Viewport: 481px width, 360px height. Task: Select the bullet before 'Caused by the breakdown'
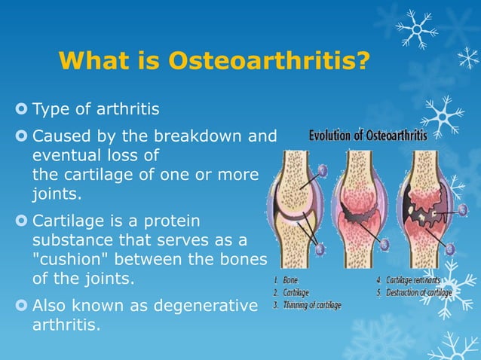coord(20,137)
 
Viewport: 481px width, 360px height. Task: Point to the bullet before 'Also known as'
coord(20,305)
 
